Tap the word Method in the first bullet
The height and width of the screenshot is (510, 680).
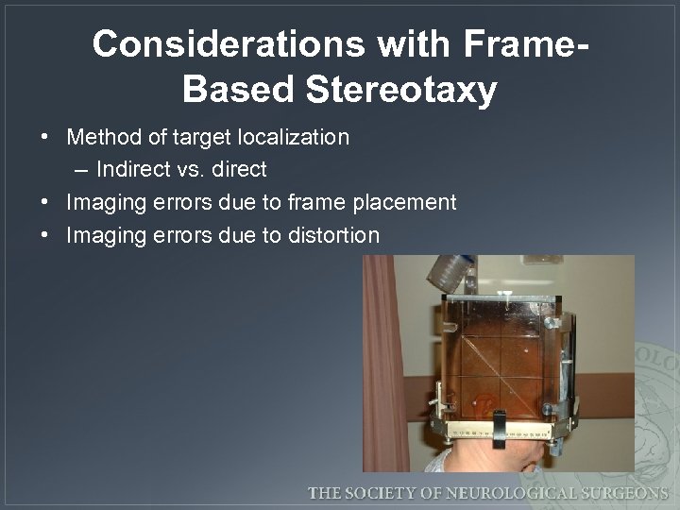pos(103,137)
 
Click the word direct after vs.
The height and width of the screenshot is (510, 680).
pos(240,170)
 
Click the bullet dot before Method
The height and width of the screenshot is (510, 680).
pos(45,138)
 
